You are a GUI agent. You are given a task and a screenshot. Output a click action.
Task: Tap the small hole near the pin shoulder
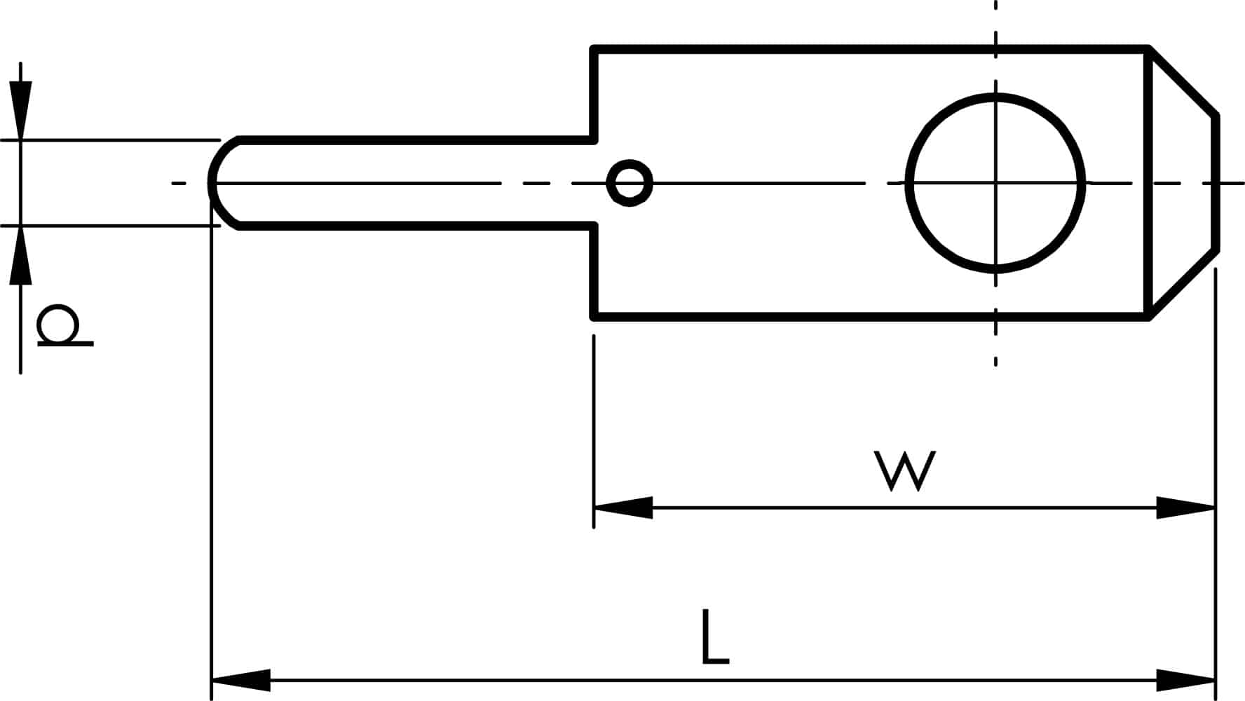(x=630, y=183)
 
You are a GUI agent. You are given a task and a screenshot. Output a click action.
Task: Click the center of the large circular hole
(x=995, y=183)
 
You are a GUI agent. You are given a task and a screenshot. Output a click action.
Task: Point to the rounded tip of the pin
(x=212, y=183)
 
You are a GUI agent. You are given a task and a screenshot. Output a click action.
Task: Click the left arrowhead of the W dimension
(x=623, y=507)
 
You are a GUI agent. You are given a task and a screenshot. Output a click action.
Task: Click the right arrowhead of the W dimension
(x=1185, y=507)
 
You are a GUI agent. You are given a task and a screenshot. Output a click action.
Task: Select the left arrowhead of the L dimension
(x=241, y=680)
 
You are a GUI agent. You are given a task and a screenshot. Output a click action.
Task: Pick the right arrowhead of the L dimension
(x=1185, y=680)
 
